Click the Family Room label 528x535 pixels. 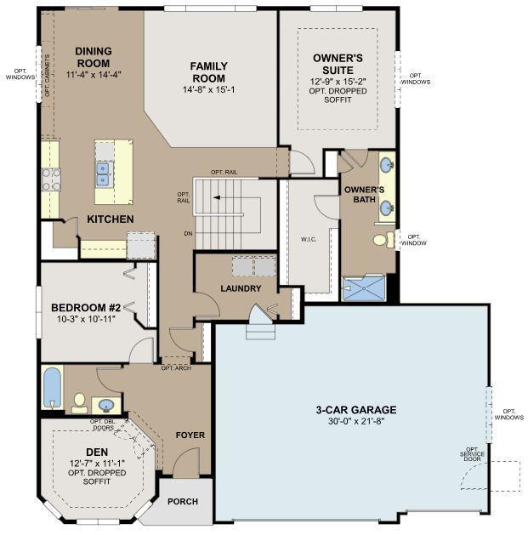[x=209, y=72]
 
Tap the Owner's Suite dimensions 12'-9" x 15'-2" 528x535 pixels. [x=338, y=82]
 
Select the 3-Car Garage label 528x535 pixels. [x=356, y=409]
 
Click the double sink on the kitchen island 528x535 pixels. [x=103, y=174]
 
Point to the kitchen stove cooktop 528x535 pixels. [x=51, y=179]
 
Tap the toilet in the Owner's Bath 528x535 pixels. [x=383, y=240]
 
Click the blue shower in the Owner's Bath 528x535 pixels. [x=364, y=288]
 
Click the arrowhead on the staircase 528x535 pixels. [x=217, y=197]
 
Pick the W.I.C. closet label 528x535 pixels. [x=309, y=240]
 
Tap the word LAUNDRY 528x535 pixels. [x=241, y=288]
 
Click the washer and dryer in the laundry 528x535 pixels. [x=253, y=266]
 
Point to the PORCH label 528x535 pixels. [x=183, y=502]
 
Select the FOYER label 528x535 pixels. [x=190, y=435]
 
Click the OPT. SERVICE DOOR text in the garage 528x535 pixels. [x=472, y=454]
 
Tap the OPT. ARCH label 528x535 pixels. [x=176, y=368]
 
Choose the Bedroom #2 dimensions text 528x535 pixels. [x=86, y=319]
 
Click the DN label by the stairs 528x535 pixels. [x=188, y=234]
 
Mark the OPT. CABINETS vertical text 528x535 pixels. [x=48, y=76]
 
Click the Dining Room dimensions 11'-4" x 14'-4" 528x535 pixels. [x=94, y=74]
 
